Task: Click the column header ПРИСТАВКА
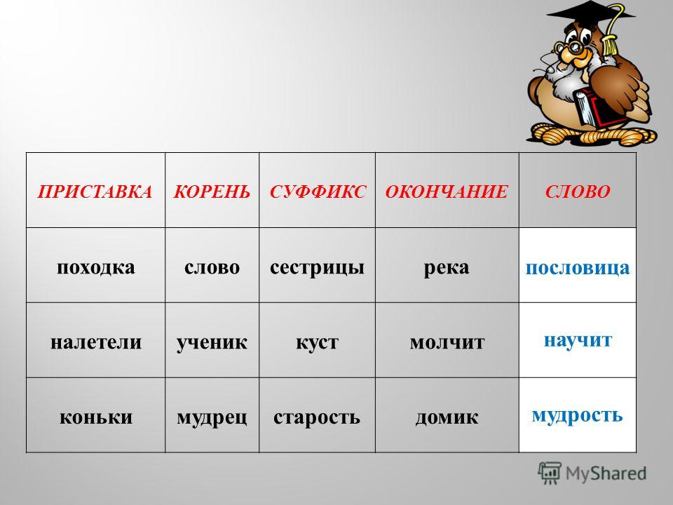coord(95,191)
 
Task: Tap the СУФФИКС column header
coord(318,191)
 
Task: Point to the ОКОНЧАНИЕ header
coord(447,191)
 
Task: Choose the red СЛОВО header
coord(578,191)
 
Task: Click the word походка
coord(96,267)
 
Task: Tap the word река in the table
coord(447,267)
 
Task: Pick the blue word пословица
coord(578,267)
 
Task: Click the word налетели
coord(96,342)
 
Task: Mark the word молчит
coord(447,342)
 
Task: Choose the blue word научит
coord(578,340)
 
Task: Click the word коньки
coord(96,417)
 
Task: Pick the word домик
coord(447,417)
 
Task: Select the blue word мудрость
coord(578,415)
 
